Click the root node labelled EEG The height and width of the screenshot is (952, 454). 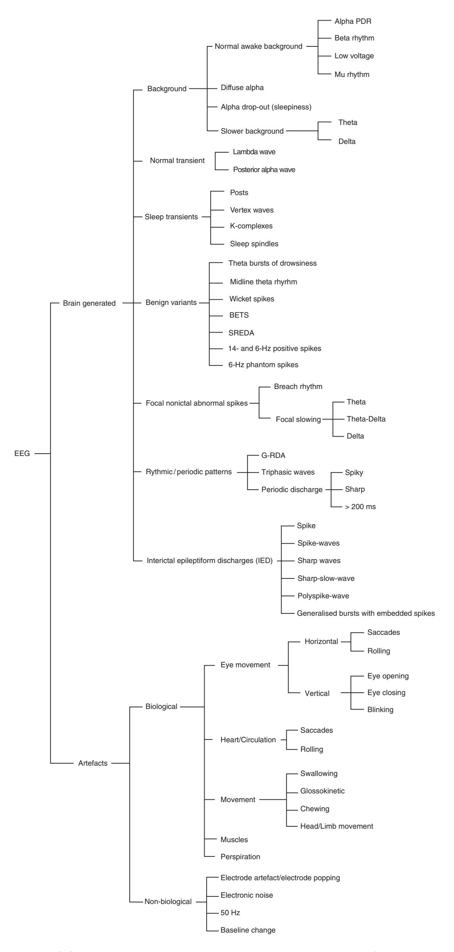(22, 454)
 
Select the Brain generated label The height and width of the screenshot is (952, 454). (89, 303)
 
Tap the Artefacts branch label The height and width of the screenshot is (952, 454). (93, 763)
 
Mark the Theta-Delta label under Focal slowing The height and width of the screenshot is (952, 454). (366, 419)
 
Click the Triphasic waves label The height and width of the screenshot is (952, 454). (288, 472)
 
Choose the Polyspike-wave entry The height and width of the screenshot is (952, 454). (323, 596)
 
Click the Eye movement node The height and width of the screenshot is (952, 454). (245, 665)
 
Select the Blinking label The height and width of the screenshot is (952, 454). (380, 710)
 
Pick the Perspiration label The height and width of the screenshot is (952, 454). (240, 856)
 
